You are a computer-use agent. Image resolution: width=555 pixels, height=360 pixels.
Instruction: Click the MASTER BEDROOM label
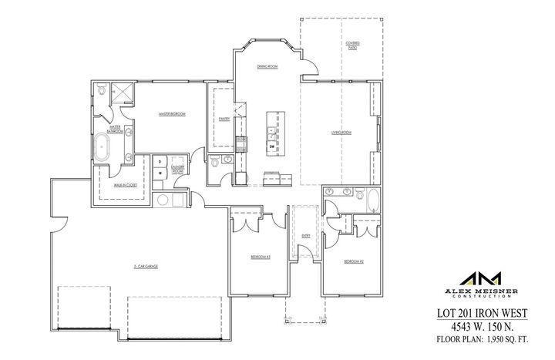(171, 114)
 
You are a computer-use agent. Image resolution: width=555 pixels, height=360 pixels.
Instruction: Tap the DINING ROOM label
(267, 67)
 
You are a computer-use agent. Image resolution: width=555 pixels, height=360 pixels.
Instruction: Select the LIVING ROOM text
(341, 133)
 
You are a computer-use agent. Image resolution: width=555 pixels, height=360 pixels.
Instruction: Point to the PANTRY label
(224, 119)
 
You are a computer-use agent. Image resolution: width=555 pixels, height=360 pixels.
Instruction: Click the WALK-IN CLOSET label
(115, 186)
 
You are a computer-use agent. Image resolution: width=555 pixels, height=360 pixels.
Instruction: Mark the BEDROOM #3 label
(259, 256)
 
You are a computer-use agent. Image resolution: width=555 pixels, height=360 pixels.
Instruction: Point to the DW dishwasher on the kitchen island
(272, 144)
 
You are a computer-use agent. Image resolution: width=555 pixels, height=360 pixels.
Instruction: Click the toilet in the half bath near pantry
(214, 163)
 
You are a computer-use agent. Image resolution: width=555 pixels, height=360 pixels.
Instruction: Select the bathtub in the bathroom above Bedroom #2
(374, 200)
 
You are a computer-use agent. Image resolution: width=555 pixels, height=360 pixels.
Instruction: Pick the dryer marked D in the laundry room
(160, 162)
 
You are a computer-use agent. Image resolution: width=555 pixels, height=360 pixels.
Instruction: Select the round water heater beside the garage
(163, 200)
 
